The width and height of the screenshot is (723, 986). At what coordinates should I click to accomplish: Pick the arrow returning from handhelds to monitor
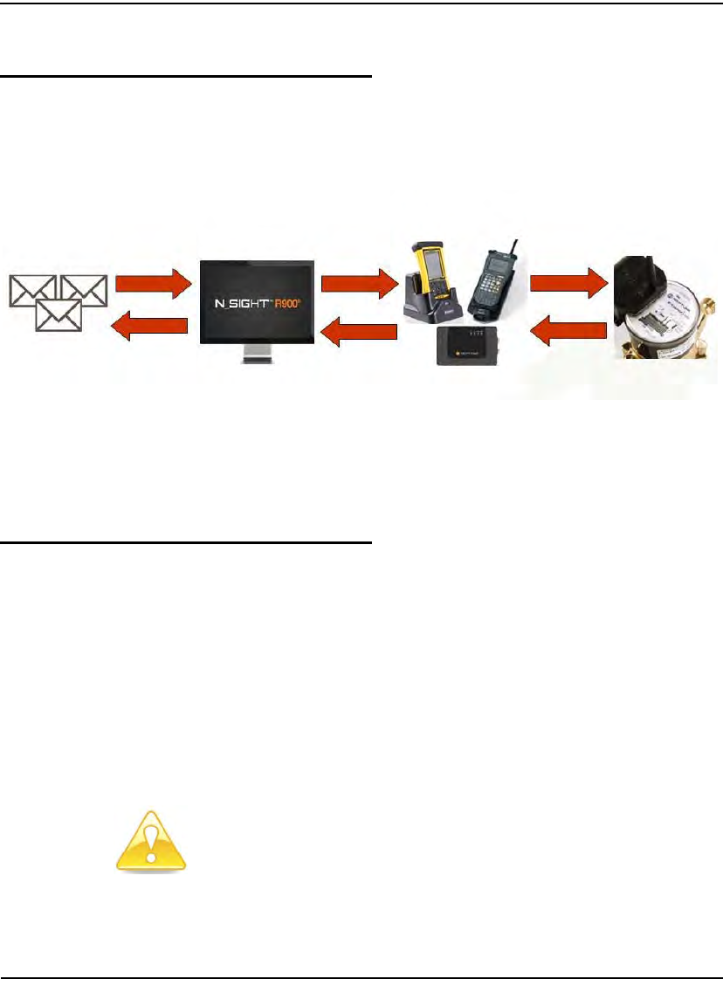tap(360, 330)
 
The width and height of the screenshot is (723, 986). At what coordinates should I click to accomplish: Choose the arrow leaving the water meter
tap(569, 329)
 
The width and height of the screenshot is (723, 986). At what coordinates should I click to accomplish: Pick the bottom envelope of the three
tap(59, 315)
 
